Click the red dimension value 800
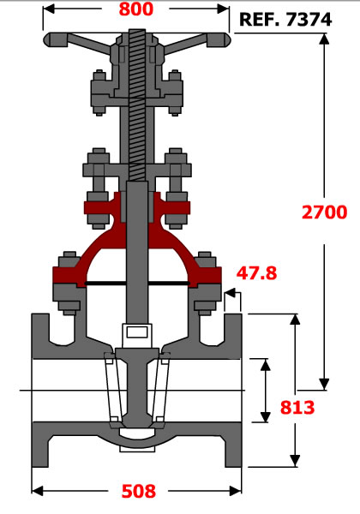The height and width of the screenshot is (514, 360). (x=135, y=9)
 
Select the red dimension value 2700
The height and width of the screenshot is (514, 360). (x=324, y=212)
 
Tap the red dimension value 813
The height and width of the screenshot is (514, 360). (x=297, y=408)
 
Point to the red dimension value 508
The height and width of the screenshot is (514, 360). (x=139, y=491)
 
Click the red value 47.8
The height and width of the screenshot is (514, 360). (x=257, y=273)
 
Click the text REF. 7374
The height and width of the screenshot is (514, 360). (x=285, y=20)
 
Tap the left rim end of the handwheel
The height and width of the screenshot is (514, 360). (x=47, y=39)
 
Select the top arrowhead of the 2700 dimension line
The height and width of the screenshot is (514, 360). (x=324, y=39)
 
